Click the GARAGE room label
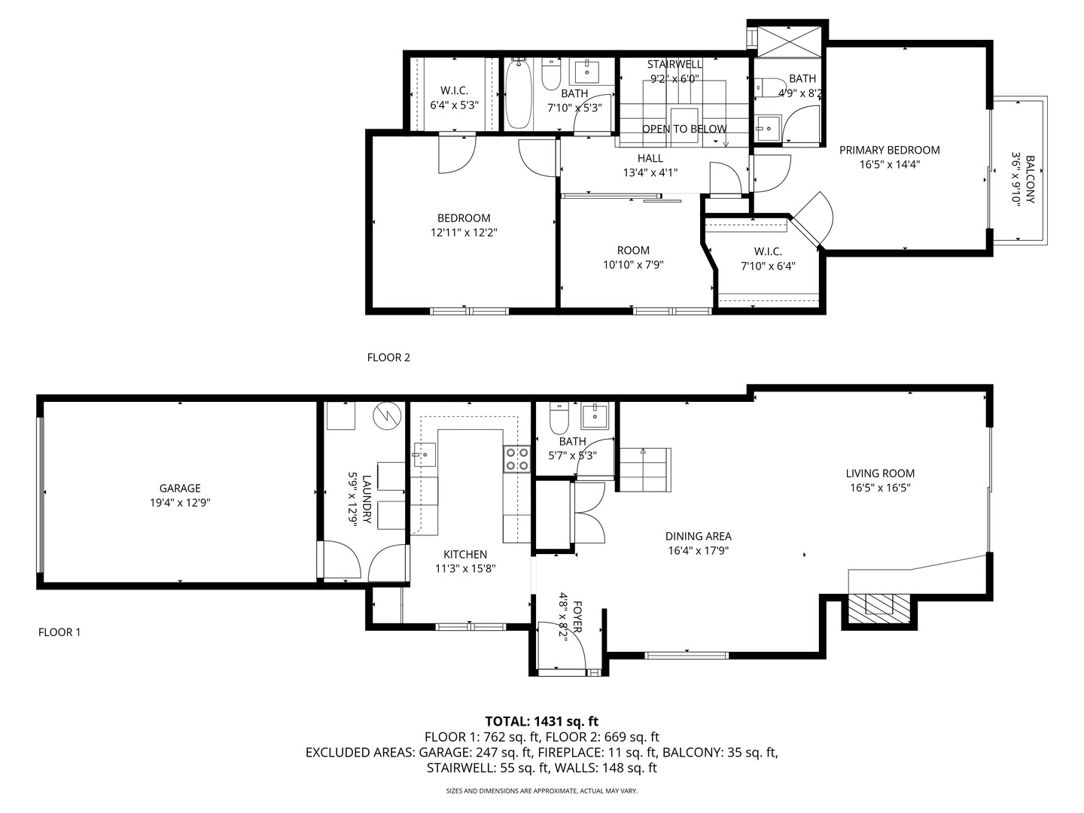point(180,489)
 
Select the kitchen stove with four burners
point(516,458)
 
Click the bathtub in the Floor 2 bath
point(519,93)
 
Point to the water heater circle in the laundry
point(387,416)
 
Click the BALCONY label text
point(1030,180)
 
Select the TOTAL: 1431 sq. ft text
point(542,721)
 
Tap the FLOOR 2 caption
point(388,358)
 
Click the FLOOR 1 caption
point(59,632)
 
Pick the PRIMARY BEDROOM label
point(890,150)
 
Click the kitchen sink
point(425,455)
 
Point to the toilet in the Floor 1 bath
point(559,417)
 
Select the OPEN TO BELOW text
point(684,129)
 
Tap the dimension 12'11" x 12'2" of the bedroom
point(464,233)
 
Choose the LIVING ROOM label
point(880,473)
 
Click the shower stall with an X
point(790,41)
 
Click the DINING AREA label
point(699,536)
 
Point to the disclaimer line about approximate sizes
point(542,790)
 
